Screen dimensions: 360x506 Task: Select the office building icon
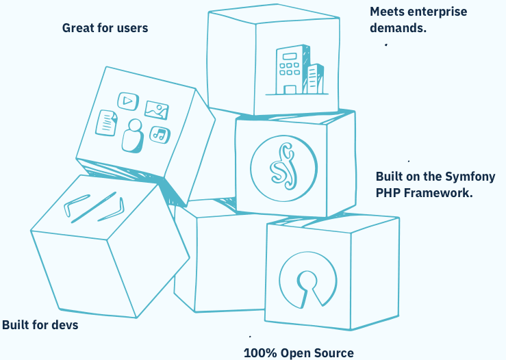[x=299, y=70]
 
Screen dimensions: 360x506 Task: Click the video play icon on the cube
[x=127, y=101]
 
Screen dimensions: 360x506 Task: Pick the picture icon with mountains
[x=157, y=109]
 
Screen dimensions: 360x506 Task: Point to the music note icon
[x=160, y=133]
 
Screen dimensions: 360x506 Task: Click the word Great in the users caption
[x=79, y=28]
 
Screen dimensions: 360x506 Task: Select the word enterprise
[x=437, y=12]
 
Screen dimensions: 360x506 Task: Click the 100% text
[x=260, y=353]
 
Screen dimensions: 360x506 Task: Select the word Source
[x=334, y=353]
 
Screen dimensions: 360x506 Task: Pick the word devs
[x=65, y=324]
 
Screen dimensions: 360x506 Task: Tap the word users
[x=130, y=28]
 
